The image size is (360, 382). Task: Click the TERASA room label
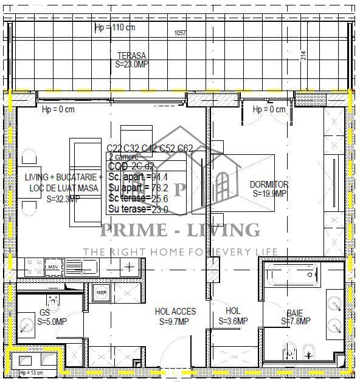(131, 55)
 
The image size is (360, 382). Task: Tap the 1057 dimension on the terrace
(181, 33)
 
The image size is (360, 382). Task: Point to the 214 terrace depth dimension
(303, 55)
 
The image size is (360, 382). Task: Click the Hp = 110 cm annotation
(115, 28)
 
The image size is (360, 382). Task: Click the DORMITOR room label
(269, 185)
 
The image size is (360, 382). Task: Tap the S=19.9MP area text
(269, 194)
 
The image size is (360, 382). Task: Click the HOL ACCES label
(175, 312)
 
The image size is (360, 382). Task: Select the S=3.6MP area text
(233, 321)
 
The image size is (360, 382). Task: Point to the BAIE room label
(296, 312)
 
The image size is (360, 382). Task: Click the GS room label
(44, 312)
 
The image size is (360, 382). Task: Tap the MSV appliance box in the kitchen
(53, 266)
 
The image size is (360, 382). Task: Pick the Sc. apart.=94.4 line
(137, 177)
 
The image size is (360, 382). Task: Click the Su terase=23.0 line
(137, 210)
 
